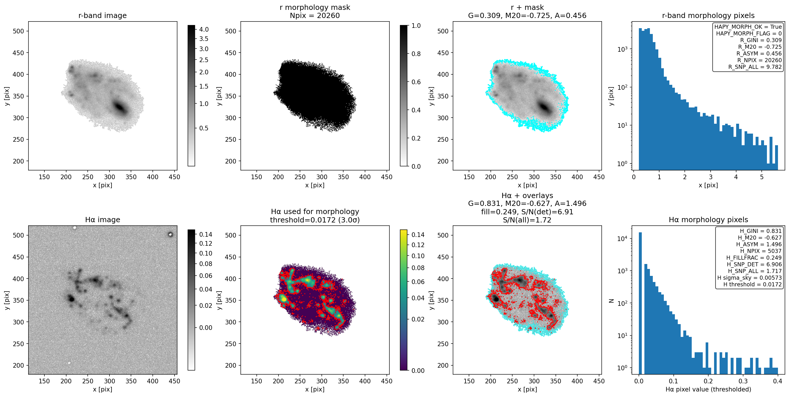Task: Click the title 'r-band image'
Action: (102, 15)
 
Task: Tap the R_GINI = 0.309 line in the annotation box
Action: (761, 40)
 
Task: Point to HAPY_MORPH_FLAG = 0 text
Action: (749, 33)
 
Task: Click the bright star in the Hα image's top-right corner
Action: (170, 235)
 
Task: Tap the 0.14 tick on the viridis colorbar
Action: (418, 235)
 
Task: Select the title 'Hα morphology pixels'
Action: (708, 220)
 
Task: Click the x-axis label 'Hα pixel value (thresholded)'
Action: (708, 389)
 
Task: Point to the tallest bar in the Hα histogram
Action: (640, 303)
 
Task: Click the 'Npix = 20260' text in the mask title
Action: (315, 15)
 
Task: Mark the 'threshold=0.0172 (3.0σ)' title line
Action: (315, 220)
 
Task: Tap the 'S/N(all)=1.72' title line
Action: (527, 220)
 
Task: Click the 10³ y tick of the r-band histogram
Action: (622, 49)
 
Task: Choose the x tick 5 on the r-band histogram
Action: (761, 177)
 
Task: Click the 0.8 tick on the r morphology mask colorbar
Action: (416, 54)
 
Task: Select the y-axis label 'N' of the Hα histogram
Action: (611, 301)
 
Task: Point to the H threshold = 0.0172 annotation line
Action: (752, 284)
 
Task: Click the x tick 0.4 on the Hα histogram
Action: (778, 381)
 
